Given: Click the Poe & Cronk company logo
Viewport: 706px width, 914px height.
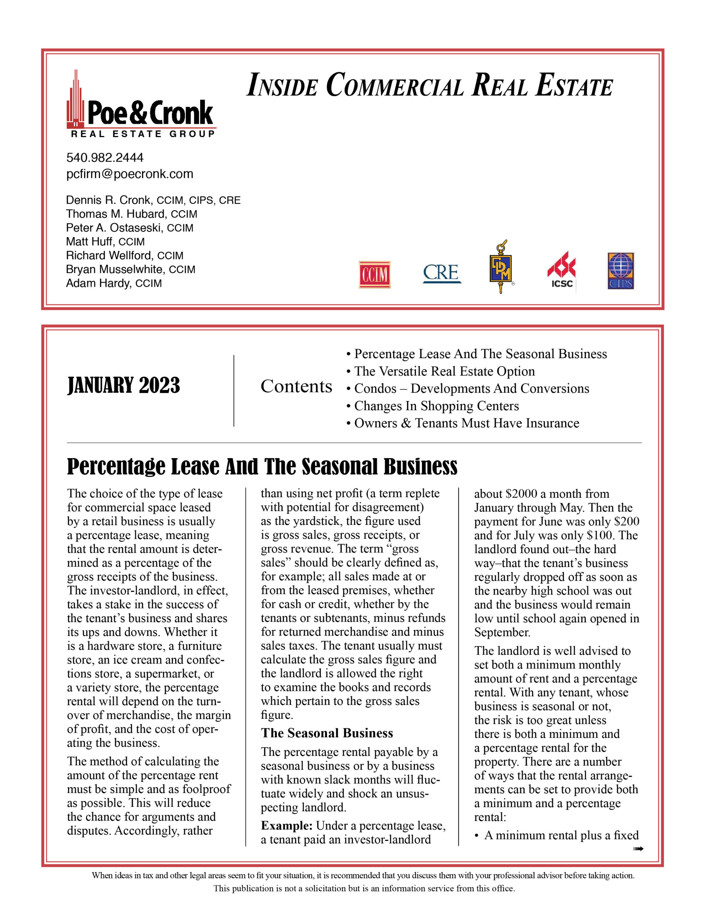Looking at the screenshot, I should [141, 105].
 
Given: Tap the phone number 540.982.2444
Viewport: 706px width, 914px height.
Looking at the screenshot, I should [105, 158].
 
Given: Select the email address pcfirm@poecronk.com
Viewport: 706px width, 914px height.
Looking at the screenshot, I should [130, 174].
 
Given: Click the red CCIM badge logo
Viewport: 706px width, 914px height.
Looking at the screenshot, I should [374, 275].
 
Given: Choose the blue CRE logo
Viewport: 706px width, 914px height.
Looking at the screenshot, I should [442, 273].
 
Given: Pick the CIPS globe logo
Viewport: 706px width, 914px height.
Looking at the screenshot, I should [621, 271].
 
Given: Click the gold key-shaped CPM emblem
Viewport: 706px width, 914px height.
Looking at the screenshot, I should [501, 267].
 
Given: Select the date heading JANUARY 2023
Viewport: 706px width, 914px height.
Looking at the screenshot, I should [123, 386].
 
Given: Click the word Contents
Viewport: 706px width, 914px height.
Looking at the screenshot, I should [296, 386].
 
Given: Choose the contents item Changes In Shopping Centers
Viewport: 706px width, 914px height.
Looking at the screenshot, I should [436, 406].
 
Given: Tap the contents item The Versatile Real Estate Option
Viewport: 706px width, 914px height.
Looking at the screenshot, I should [444, 371].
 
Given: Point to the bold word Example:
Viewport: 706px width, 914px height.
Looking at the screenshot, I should [287, 826].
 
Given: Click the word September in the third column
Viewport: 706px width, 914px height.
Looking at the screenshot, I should [502, 632].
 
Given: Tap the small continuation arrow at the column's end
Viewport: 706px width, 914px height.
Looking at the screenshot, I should [638, 849].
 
